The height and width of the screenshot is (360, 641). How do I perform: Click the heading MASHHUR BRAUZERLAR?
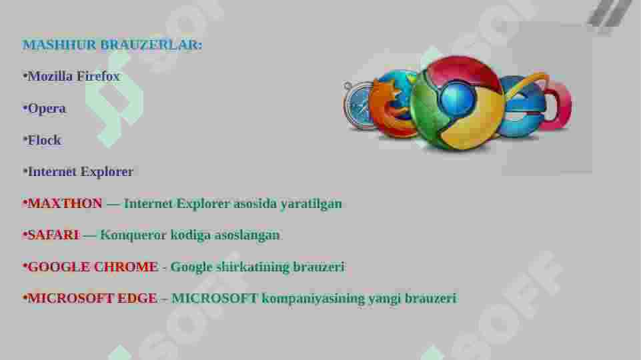[112, 45]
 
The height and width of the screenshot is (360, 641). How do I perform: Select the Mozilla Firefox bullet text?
[73, 76]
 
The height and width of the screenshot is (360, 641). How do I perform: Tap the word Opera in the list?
[47, 108]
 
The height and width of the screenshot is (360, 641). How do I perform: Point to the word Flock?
[44, 140]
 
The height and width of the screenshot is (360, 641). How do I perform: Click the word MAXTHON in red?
[65, 203]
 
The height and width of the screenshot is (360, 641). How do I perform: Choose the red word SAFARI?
[53, 235]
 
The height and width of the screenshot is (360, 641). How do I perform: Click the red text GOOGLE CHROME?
[93, 267]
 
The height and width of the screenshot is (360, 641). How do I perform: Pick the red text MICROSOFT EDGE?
[92, 298]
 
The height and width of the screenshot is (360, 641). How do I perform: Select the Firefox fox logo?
[391, 103]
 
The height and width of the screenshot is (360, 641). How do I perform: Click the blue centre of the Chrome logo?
[457, 100]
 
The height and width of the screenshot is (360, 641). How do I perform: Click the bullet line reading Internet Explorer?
[80, 171]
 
